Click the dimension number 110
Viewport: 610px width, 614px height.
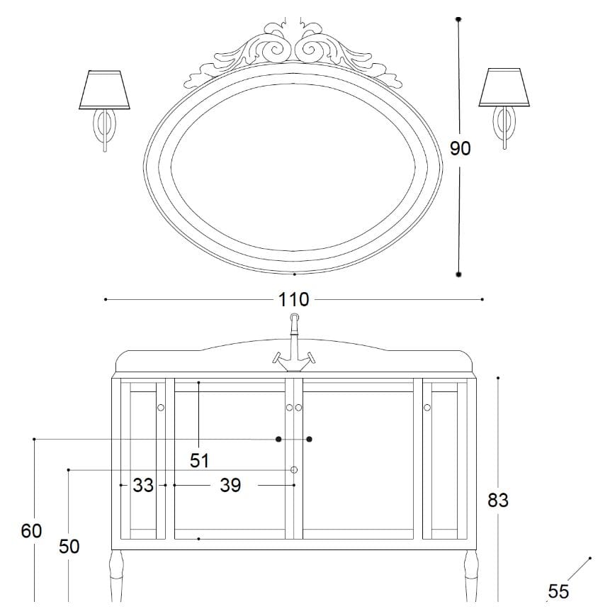(294, 300)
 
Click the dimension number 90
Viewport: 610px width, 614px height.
(461, 148)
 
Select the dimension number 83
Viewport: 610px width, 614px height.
(498, 500)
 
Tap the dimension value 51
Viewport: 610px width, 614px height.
(200, 461)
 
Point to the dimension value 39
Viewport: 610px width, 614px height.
(230, 486)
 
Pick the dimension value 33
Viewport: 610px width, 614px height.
(143, 486)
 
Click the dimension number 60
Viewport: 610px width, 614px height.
(31, 530)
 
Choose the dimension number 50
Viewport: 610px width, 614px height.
(69, 547)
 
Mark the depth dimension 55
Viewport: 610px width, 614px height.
(558, 591)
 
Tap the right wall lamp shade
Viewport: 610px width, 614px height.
(504, 87)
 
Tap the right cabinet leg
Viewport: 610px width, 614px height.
(470, 578)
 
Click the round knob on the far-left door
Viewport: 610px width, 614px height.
(161, 407)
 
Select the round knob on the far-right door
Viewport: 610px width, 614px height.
(428, 407)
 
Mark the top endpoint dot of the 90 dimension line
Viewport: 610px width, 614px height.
(459, 19)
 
